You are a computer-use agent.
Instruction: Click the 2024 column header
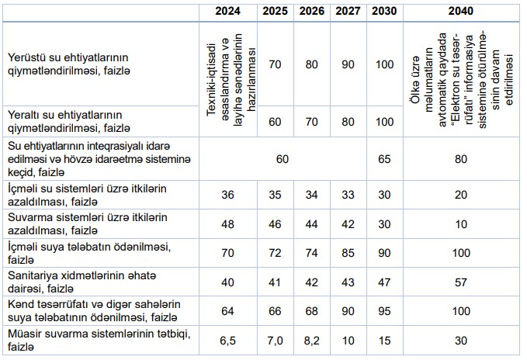point(228,12)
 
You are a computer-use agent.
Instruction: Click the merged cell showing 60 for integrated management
point(283,158)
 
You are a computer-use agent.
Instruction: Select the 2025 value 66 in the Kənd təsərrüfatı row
point(274,310)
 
